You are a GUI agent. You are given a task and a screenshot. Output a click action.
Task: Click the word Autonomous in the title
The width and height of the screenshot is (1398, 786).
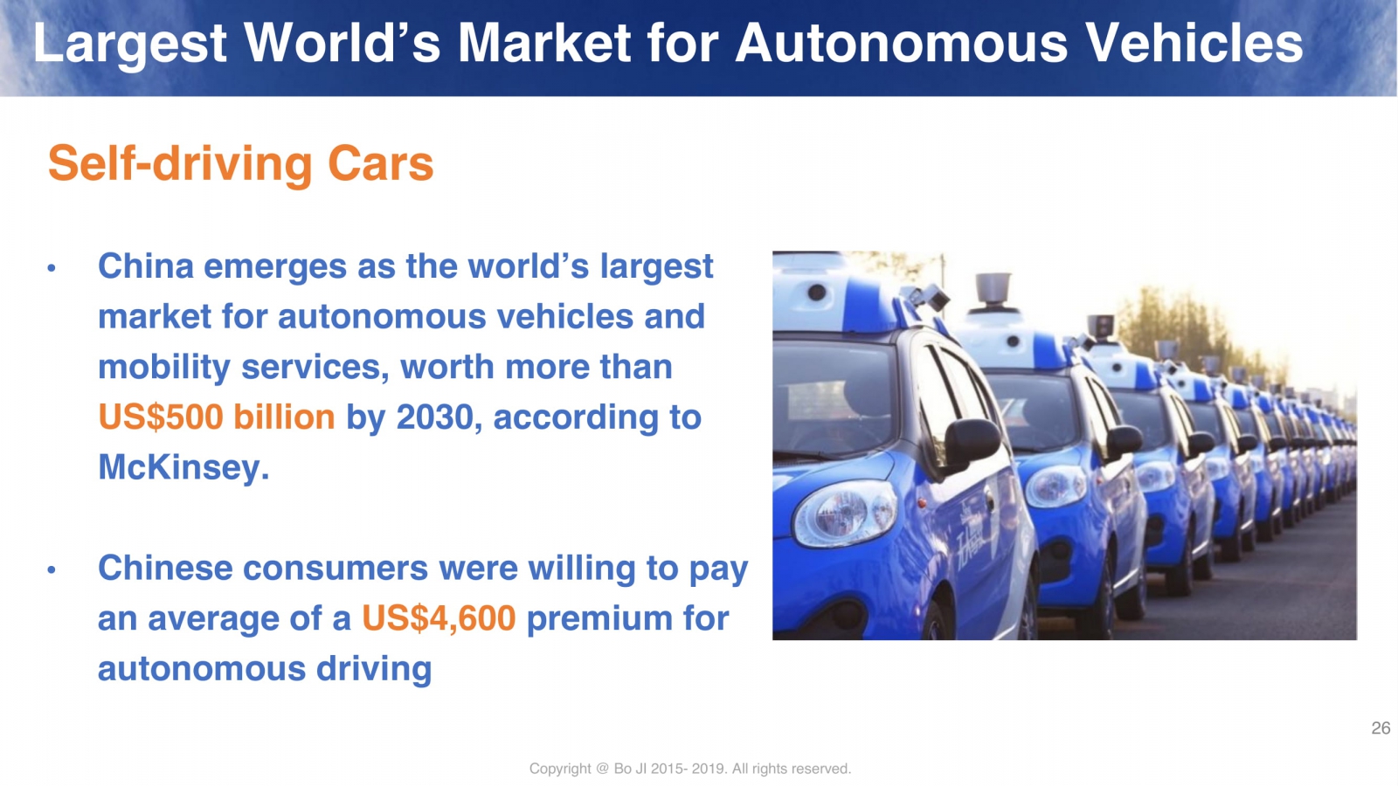(x=901, y=43)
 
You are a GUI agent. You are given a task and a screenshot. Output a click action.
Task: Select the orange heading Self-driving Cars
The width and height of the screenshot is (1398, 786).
(x=240, y=163)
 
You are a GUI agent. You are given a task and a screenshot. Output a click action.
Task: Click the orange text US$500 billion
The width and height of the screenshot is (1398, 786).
(x=217, y=417)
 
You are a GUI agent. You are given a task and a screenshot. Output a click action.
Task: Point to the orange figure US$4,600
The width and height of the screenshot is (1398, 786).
(x=439, y=618)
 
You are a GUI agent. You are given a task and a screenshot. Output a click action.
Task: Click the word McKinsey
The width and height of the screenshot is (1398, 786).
(x=183, y=466)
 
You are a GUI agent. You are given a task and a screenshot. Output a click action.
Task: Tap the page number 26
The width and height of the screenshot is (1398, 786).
(x=1381, y=728)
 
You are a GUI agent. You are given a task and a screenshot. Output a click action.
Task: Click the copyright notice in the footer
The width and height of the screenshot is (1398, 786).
(x=689, y=769)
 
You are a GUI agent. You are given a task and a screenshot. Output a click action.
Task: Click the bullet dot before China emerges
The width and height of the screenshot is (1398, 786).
(x=52, y=269)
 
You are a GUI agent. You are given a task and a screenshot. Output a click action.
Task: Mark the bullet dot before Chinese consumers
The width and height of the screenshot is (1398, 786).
(x=52, y=569)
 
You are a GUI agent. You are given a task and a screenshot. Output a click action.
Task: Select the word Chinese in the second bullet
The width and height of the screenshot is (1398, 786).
(x=165, y=568)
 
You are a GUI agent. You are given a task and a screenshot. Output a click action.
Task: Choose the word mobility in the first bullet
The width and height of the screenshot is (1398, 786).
(x=164, y=368)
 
